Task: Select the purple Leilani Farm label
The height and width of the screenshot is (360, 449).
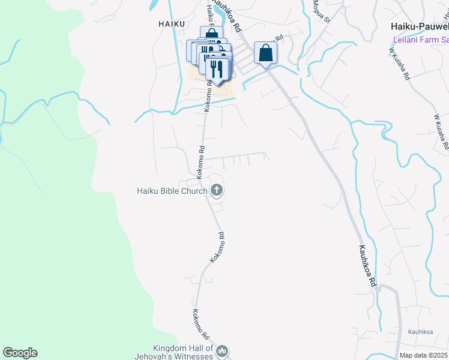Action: pos(420,40)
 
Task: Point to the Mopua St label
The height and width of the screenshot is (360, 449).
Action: pos(322,11)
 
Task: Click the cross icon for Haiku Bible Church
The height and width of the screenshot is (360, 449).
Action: pos(217,191)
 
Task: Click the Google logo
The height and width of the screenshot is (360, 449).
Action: pos(20,353)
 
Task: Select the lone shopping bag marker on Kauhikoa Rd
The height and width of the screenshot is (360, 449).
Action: pos(265,53)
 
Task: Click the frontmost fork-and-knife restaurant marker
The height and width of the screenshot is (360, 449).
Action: pos(217,69)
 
